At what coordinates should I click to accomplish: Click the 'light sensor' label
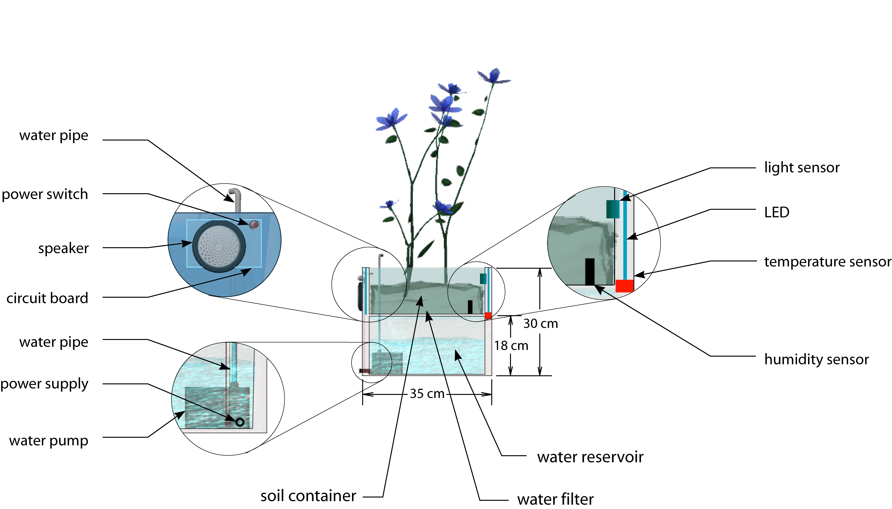pos(801,168)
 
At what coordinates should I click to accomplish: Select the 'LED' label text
pos(776,212)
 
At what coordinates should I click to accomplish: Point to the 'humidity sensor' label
pos(816,359)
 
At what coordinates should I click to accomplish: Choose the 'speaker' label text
pos(63,248)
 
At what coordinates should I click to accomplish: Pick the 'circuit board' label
pos(47,298)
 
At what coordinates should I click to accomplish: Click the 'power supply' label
pos(44,384)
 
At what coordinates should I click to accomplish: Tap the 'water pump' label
pos(49,441)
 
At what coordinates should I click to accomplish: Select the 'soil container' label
pos(308,496)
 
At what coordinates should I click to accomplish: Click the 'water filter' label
pos(555,499)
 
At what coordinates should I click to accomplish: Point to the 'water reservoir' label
pos(590,457)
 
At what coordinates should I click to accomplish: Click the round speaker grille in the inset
pos(219,246)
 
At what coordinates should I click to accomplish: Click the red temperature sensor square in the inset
pos(624,286)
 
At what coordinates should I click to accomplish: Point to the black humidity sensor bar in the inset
pos(590,271)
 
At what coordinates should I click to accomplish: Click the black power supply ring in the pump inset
pos(239,422)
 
